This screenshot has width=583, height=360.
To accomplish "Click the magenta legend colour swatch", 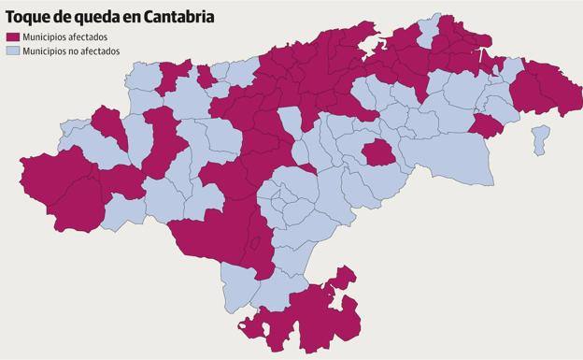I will point(12,37).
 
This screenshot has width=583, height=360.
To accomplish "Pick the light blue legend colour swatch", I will point(12,50).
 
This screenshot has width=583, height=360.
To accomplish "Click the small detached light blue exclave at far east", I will point(539,139).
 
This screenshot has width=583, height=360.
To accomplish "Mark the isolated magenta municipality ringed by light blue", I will point(378,152).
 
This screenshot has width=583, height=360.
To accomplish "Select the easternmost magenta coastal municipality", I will point(551,89).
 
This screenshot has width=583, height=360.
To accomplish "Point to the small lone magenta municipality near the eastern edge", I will point(487,126).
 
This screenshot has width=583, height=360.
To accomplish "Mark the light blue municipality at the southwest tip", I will point(238,285).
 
